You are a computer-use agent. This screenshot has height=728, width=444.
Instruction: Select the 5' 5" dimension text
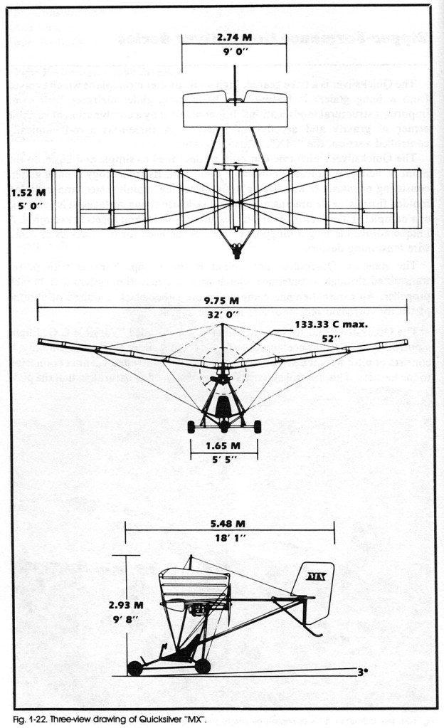pos(223,459)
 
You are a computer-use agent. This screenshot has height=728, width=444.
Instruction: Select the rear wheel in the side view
pos(203,666)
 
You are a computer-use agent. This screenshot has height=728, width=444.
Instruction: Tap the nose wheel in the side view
pos(134,668)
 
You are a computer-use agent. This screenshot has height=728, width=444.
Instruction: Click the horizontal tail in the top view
pos(225,109)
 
